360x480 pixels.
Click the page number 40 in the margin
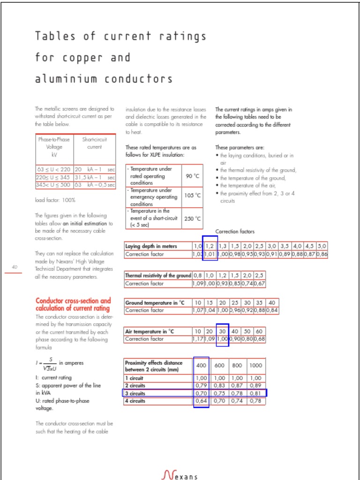tap(15, 267)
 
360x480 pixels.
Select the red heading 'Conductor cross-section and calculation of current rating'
tap(73, 304)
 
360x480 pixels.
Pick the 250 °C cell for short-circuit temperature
tap(192, 218)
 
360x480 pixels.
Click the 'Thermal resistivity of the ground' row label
tap(158, 276)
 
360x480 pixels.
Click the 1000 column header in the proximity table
tap(255, 366)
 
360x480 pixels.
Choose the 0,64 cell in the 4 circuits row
tap(201, 401)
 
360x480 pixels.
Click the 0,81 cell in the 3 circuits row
tap(255, 394)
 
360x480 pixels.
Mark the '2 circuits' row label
tap(135, 386)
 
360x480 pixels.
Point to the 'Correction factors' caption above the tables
tap(235, 232)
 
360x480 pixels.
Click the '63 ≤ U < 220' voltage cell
tap(54, 169)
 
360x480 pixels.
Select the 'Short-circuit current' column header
tap(94, 143)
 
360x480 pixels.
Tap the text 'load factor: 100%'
tap(55, 200)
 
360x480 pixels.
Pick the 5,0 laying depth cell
tap(322, 246)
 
